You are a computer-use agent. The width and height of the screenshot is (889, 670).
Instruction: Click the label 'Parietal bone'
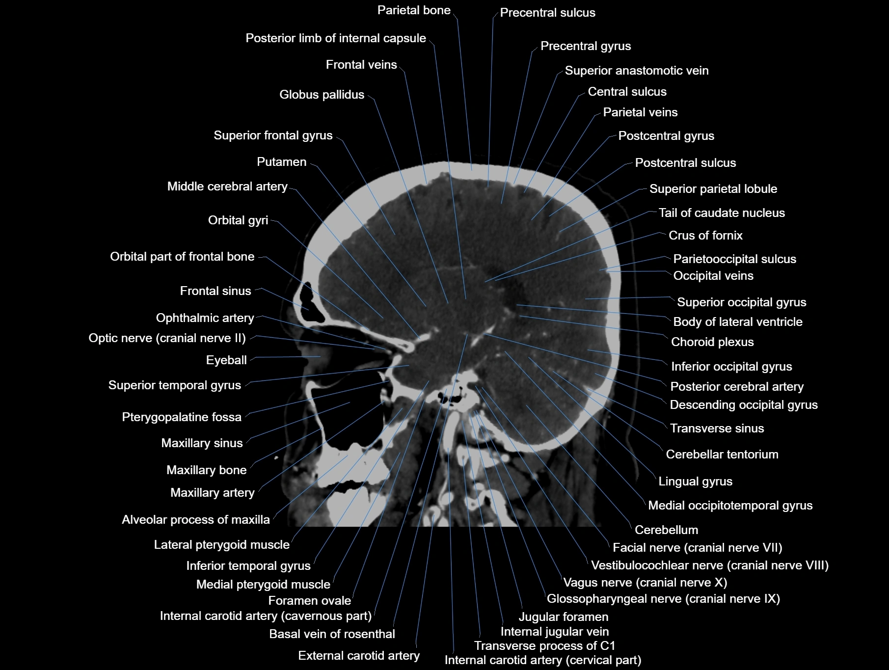pos(413,10)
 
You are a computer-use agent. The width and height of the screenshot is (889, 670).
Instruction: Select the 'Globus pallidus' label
pos(322,95)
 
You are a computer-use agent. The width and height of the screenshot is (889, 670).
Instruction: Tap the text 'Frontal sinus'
pos(215,291)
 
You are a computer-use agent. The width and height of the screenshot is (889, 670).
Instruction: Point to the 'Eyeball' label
pos(226,360)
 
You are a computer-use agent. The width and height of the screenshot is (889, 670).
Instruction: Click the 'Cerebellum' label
pos(666,530)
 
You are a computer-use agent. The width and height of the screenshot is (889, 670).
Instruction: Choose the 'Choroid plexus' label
pos(712,342)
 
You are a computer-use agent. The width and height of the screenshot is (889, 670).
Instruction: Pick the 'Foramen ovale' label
pos(309,601)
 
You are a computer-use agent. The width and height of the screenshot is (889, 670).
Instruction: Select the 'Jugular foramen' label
pos(563,617)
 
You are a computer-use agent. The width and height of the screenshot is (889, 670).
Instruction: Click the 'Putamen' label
pos(281,162)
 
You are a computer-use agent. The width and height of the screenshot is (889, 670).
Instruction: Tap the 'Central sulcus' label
pos(627,92)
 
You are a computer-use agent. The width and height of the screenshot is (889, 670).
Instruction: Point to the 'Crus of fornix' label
pos(705,236)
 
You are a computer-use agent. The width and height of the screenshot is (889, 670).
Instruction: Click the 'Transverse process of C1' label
pos(544,646)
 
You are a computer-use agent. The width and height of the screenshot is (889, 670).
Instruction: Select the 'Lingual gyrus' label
pos(695,482)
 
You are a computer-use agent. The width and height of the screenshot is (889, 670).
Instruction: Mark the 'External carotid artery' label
pos(358,656)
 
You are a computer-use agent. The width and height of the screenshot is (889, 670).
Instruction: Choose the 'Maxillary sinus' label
pos(202,443)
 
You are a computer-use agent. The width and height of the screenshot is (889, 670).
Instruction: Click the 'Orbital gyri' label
pos(238,220)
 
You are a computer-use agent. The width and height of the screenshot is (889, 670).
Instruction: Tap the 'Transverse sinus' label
pos(717,429)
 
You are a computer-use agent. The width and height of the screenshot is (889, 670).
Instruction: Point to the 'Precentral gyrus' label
pos(585,46)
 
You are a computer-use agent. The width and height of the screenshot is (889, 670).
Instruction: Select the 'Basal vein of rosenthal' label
pos(332,634)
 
